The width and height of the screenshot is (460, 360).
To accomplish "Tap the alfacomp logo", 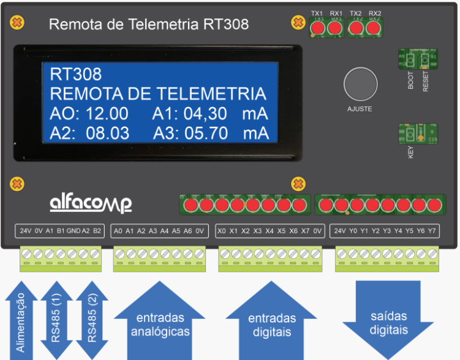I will pyautogui.click(x=91, y=203).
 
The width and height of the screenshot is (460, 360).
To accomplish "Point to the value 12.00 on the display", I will pyautogui.click(x=107, y=113).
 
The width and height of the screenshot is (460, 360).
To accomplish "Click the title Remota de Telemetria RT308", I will pyautogui.click(x=148, y=24).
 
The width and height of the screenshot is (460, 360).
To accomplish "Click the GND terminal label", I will pyautogui.click(x=74, y=231).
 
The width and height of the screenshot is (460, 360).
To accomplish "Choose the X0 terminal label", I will pyautogui.click(x=222, y=231).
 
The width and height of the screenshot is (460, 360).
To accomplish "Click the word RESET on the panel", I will pyautogui.click(x=426, y=81).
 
